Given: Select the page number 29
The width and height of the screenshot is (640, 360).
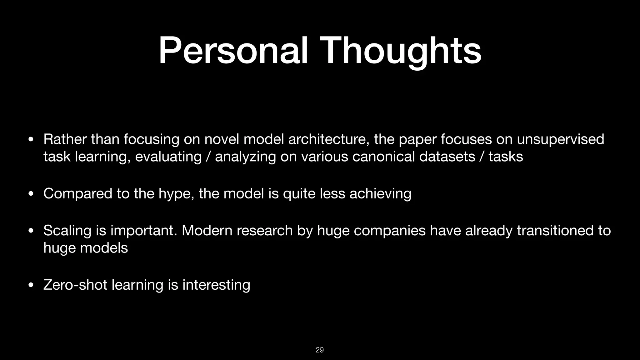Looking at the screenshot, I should (320, 350).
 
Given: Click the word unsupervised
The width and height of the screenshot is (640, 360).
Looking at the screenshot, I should (560, 140).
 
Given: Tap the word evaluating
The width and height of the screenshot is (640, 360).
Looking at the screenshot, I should (168, 157).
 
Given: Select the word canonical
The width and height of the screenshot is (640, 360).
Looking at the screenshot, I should (383, 156).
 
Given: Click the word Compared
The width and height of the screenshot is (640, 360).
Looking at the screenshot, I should (77, 194).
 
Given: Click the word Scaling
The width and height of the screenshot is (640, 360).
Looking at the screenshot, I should (67, 231).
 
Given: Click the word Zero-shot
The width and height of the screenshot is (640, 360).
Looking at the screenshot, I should (75, 285).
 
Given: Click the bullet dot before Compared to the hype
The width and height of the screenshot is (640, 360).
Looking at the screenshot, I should (31, 194).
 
